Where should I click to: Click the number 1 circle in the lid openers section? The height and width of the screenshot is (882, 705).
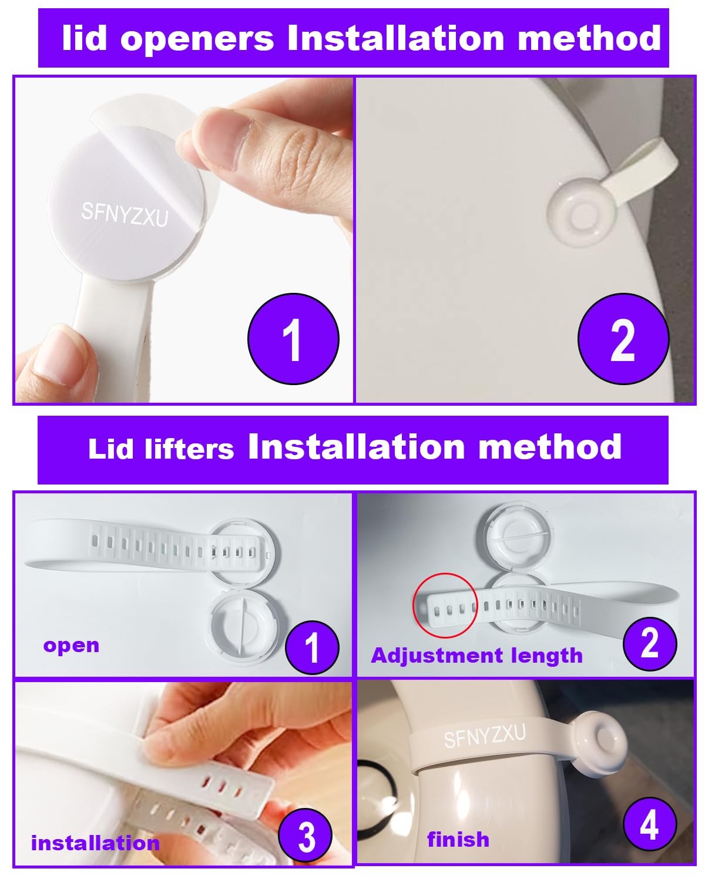(293, 339)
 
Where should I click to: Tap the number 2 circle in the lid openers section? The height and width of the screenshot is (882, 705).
(623, 339)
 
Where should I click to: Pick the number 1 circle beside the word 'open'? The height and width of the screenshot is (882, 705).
(312, 647)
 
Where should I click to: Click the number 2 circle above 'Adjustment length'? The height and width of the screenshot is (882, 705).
(650, 643)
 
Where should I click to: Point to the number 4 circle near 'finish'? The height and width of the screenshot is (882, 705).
(650, 824)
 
